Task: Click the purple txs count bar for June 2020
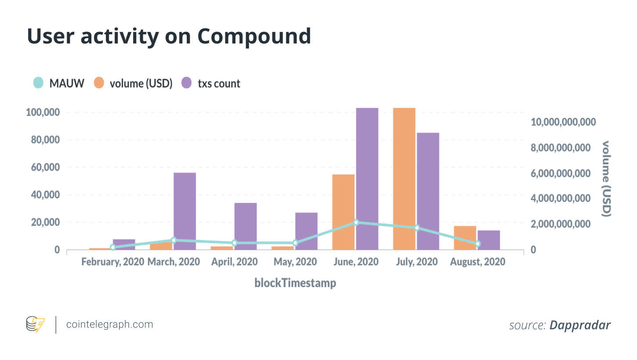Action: [x=367, y=179]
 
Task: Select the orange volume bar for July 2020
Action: [x=404, y=179]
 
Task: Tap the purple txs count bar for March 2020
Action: [x=185, y=211]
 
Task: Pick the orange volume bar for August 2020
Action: [x=465, y=238]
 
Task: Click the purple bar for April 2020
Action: [x=246, y=226]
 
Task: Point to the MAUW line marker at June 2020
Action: [x=356, y=223]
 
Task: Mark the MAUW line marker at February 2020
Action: [x=113, y=247]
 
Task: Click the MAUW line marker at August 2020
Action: [x=478, y=244]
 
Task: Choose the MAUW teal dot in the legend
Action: [x=38, y=83]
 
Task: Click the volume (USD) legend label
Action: [x=141, y=83]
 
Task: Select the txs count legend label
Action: [x=219, y=83]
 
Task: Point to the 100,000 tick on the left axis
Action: [x=43, y=112]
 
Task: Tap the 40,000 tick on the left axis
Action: [x=46, y=195]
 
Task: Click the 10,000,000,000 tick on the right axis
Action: [x=563, y=122]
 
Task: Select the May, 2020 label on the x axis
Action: [x=295, y=262]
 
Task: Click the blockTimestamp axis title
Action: [x=295, y=283]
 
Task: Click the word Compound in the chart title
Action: [x=254, y=36]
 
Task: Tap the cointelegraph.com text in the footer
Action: [x=110, y=324]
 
